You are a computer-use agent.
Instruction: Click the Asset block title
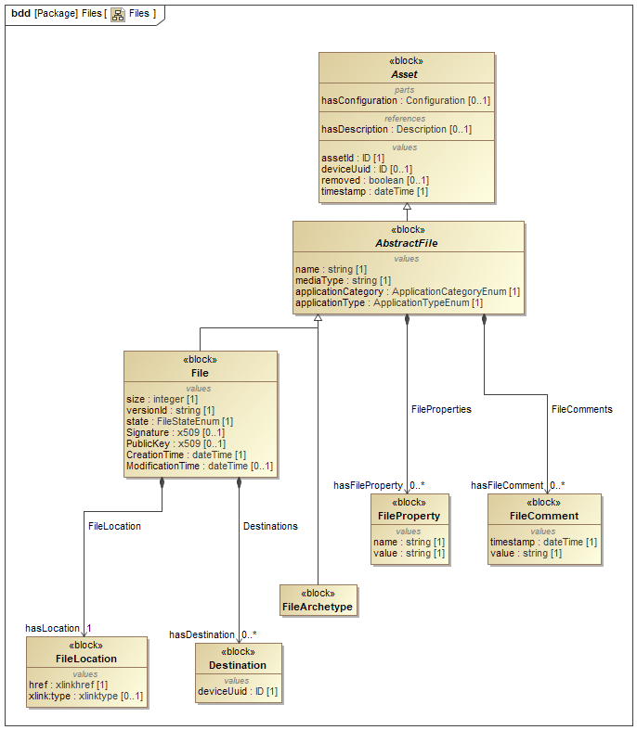pyautogui.click(x=404, y=74)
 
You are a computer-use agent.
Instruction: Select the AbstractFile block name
pyautogui.click(x=408, y=243)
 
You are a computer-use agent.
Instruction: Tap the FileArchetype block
pyautogui.click(x=318, y=607)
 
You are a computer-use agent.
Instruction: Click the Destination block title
pyautogui.click(x=238, y=665)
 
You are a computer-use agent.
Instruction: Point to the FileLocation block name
pyautogui.click(x=86, y=659)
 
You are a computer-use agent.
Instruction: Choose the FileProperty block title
pyautogui.click(x=409, y=516)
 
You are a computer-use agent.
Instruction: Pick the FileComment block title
pyautogui.click(x=544, y=516)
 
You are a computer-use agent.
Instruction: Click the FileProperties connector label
pyautogui.click(x=441, y=408)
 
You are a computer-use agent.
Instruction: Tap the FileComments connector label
pyautogui.click(x=581, y=408)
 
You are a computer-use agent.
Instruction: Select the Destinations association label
pyautogui.click(x=270, y=526)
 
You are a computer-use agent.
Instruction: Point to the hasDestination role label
pyautogui.click(x=201, y=634)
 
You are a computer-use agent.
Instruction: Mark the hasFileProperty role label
pyautogui.click(x=368, y=485)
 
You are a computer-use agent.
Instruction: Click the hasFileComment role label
pyautogui.click(x=507, y=485)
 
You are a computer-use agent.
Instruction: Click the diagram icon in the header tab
pyautogui.click(x=118, y=14)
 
